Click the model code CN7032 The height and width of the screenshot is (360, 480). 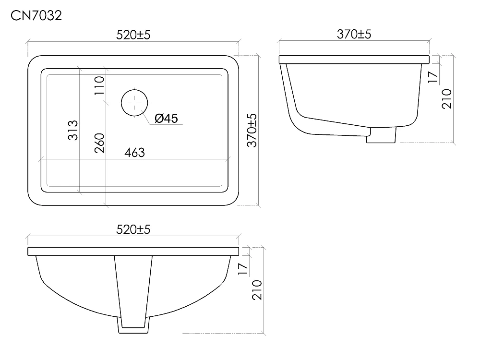pos(36,16)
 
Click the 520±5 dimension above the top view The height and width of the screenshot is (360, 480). pos(133,35)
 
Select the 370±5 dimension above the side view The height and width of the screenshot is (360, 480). pos(354,34)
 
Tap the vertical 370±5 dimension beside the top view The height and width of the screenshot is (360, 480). pos(252,131)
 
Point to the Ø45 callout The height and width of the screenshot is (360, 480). pos(166,118)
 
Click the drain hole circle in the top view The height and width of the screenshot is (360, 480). pos(134,103)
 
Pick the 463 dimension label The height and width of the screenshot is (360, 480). pos(134,153)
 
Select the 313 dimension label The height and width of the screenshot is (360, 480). pos(73,131)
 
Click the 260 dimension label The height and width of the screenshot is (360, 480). pos(99,143)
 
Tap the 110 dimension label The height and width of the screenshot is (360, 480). pos(99,85)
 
